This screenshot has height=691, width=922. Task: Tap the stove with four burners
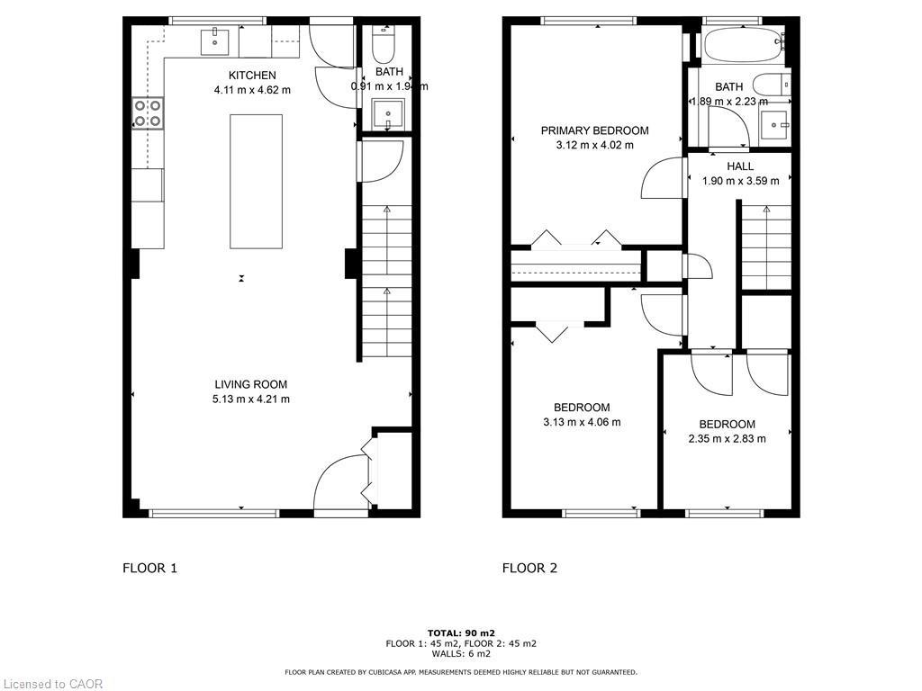(148, 112)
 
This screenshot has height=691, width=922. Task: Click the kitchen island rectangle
(256, 181)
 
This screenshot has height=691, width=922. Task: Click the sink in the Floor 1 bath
(390, 114)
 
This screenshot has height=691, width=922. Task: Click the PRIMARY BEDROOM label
(594, 130)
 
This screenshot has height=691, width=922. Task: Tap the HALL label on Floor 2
(740, 166)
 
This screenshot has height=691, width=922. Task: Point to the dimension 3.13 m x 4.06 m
(582, 422)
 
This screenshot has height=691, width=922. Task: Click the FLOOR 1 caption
(150, 568)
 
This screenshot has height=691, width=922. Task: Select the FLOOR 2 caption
(529, 568)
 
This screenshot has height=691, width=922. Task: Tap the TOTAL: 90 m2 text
(461, 633)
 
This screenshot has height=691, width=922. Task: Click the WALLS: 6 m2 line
(461, 653)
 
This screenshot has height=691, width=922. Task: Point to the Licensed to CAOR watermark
(52, 684)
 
